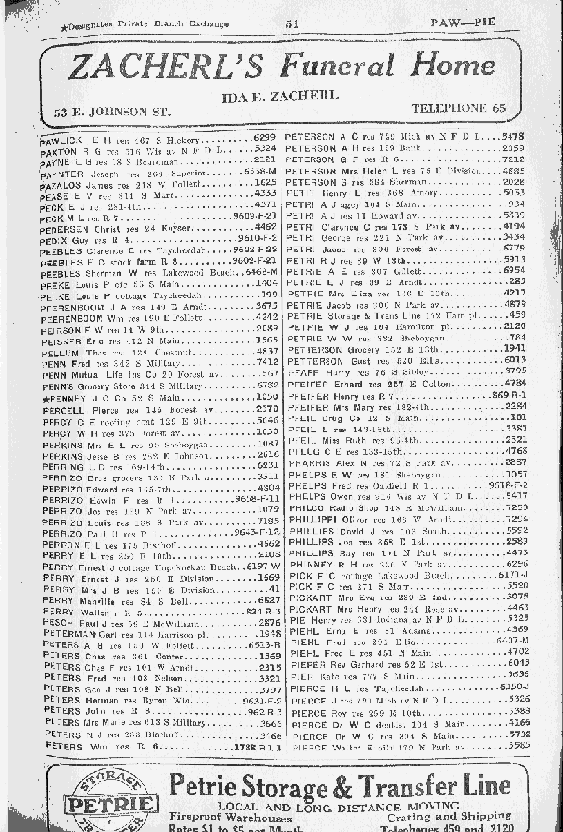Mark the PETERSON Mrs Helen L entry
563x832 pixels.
375,171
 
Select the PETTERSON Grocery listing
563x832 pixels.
375,348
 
